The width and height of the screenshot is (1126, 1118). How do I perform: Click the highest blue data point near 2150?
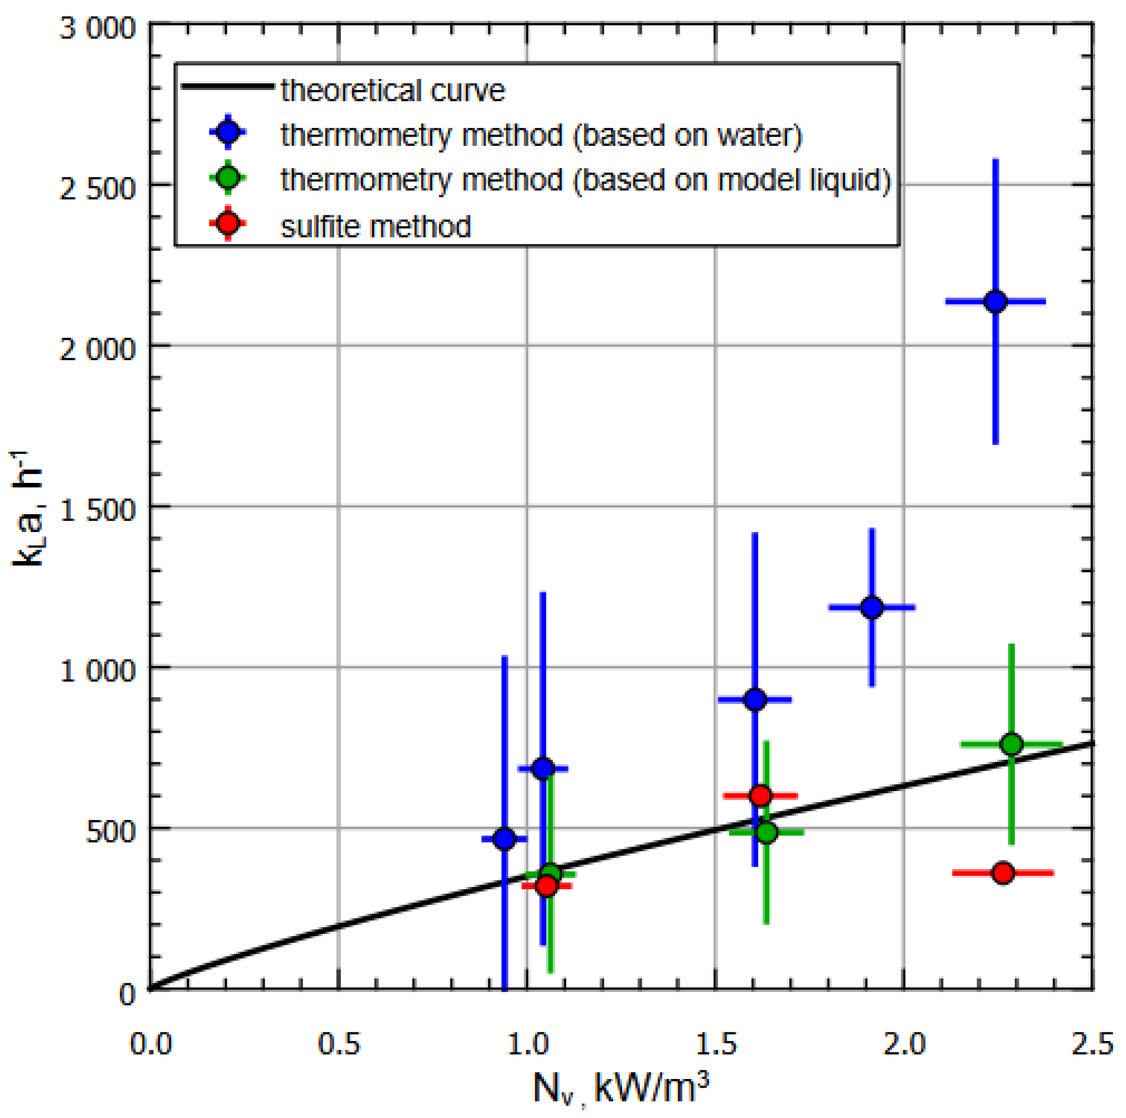coord(996,301)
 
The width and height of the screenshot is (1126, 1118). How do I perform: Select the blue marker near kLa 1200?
coord(872,607)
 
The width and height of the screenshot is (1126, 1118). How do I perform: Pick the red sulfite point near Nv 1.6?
coord(761,795)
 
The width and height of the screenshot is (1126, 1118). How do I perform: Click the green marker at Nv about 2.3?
coord(1012,744)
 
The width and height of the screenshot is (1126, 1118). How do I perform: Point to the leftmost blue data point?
coord(505,839)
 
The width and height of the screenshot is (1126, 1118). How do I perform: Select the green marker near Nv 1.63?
coord(767,832)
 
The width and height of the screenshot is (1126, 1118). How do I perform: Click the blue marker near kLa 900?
coord(755,700)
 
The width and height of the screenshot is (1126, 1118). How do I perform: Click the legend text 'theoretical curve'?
coord(392,91)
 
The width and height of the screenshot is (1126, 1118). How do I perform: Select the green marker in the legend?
coord(229,177)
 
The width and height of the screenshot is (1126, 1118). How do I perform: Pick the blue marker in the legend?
coord(229,132)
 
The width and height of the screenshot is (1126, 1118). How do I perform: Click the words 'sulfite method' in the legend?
coord(375,226)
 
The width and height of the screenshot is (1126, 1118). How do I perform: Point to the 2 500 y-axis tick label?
coord(97,188)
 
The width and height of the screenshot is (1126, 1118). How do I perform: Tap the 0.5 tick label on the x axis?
coord(338,1044)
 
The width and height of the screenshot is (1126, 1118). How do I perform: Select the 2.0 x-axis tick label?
coord(904,1044)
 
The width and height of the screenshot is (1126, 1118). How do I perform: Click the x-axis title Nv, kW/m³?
coord(621,1088)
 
